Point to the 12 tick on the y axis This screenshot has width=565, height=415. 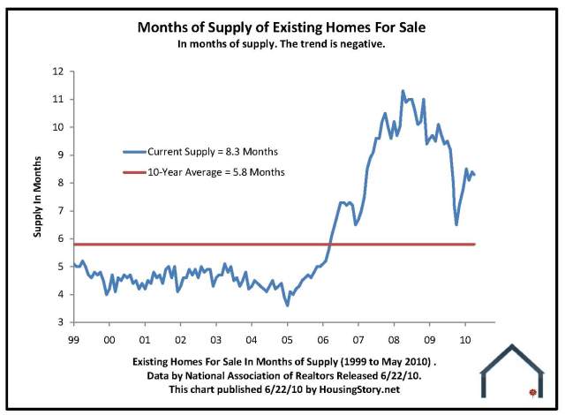(58, 71)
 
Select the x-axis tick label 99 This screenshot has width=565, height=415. (73, 338)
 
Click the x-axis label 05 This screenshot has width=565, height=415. (287, 338)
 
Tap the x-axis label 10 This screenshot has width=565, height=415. (465, 338)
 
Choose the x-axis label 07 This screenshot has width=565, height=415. (358, 338)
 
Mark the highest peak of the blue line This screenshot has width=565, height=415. (403, 91)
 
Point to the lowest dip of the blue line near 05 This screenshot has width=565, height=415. (288, 306)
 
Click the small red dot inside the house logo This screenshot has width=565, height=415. (531, 391)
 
